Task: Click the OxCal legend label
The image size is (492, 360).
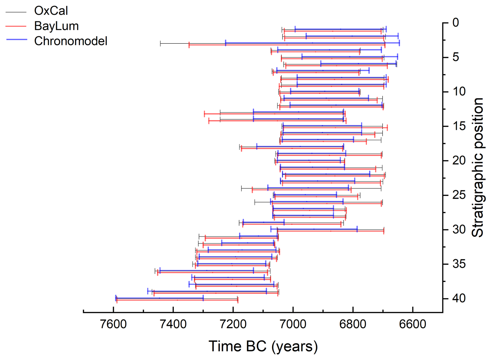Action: pyautogui.click(x=51, y=11)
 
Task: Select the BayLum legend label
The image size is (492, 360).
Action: pyautogui.click(x=56, y=26)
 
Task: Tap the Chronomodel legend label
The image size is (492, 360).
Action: pyautogui.click(x=71, y=41)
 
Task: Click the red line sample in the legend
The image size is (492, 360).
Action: pyautogui.click(x=16, y=26)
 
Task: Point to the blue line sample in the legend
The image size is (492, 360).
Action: pyautogui.click(x=16, y=40)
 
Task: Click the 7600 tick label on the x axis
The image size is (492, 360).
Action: pyautogui.click(x=113, y=324)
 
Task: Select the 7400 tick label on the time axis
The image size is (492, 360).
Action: pyautogui.click(x=173, y=324)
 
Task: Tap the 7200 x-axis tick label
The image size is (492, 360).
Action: pyautogui.click(x=233, y=324)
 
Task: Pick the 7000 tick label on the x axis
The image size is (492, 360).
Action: pyautogui.click(x=293, y=324)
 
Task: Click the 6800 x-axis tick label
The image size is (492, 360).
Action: pyautogui.click(x=353, y=324)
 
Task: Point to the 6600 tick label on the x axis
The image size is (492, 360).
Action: pyautogui.click(x=413, y=324)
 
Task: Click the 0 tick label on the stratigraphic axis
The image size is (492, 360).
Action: pyautogui.click(x=456, y=23)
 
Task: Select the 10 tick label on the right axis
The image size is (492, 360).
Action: pyautogui.click(x=459, y=92)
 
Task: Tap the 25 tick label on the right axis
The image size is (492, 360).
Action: pyautogui.click(x=459, y=195)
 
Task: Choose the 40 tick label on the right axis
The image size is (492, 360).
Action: pyautogui.click(x=459, y=298)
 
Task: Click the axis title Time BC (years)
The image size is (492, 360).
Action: pyautogui.click(x=263, y=346)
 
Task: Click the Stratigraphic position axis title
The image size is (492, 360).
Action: pyautogui.click(x=477, y=168)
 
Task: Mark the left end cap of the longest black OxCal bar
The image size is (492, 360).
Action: pyautogui.click(x=160, y=43)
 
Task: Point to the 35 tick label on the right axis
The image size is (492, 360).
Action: pyautogui.click(x=459, y=264)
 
